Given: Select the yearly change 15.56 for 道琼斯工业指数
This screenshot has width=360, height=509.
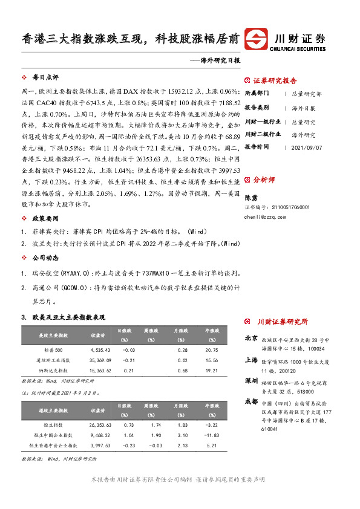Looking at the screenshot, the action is (211, 360).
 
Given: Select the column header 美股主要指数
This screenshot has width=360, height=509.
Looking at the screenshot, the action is (53, 335).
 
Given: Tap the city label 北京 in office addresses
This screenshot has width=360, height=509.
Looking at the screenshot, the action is (251, 339).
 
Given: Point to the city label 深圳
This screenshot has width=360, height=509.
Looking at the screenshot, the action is (251, 381).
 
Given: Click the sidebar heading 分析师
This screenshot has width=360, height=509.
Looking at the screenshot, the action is (264, 180).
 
